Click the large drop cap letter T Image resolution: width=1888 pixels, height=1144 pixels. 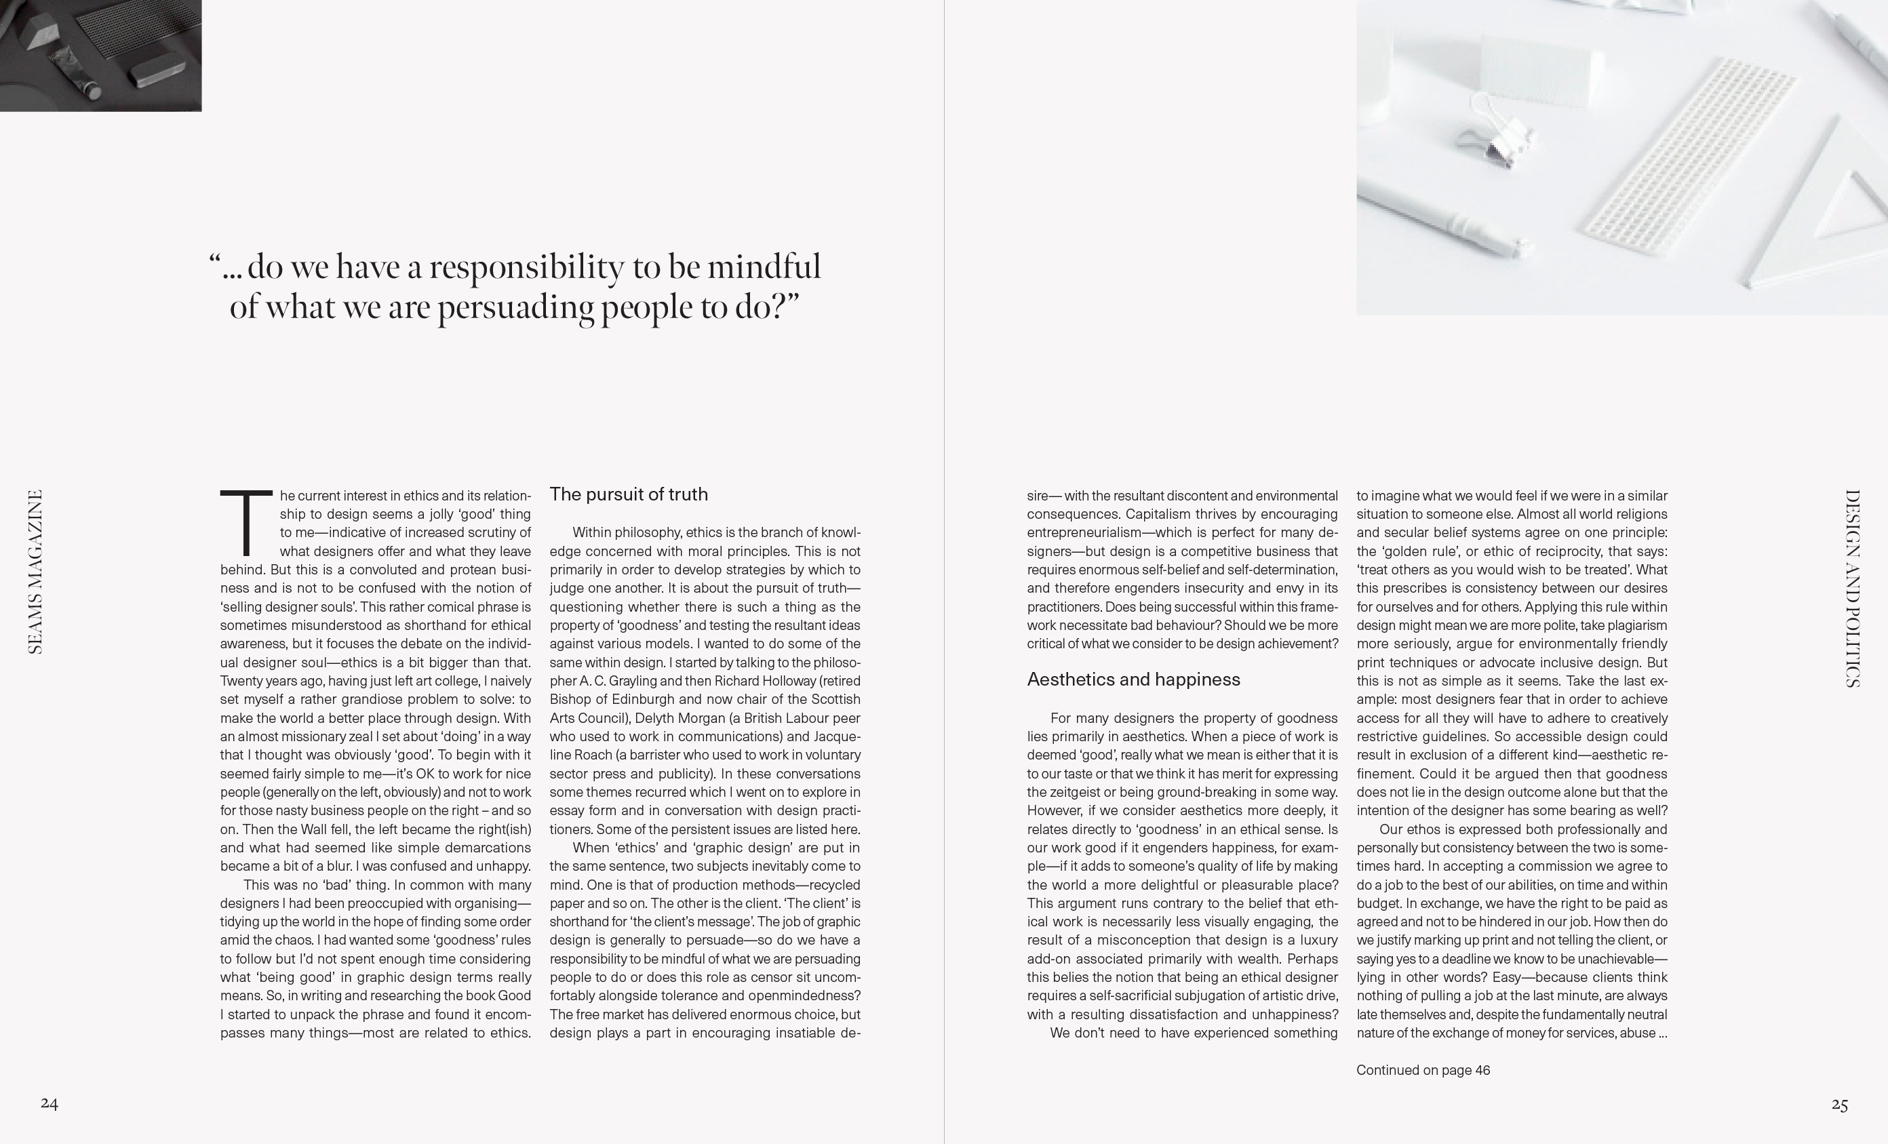(x=246, y=523)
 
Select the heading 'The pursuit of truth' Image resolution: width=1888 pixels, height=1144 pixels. (x=628, y=494)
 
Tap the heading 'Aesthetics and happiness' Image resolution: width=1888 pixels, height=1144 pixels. (x=1133, y=679)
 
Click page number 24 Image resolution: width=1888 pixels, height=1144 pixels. (x=49, y=1103)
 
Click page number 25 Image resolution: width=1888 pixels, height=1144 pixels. (x=1840, y=1104)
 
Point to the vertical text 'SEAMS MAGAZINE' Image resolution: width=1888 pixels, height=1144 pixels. (x=35, y=572)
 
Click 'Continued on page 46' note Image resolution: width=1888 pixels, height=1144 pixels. (x=1423, y=1069)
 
